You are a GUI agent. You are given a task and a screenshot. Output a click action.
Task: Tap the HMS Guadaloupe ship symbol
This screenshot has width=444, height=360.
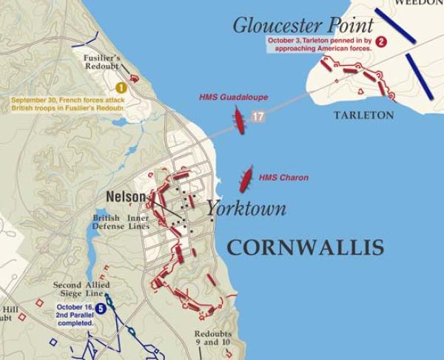239,120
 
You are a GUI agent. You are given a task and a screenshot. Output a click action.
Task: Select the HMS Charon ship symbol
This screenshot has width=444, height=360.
246,179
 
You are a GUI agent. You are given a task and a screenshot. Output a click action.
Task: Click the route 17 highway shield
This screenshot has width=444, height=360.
258,116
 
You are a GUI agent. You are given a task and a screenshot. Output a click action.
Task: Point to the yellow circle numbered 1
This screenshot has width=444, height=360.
121,87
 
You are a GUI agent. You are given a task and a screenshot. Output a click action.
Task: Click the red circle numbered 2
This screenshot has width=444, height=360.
381,41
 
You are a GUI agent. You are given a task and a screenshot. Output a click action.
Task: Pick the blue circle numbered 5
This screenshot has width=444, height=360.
101,309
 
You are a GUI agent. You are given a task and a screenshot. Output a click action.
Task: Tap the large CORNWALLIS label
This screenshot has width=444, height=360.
305,248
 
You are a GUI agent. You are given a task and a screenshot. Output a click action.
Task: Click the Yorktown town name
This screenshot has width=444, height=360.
246,208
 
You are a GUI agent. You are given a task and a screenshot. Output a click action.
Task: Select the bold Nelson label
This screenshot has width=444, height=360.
126,197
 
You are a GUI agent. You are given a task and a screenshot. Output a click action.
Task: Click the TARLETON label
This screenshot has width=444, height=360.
363,115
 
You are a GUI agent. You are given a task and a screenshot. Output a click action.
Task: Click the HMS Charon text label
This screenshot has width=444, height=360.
283,177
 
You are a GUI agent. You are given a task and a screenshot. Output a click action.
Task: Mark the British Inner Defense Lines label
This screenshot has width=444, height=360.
121,223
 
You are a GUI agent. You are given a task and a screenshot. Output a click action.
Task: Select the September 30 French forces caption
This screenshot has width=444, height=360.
67,103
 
